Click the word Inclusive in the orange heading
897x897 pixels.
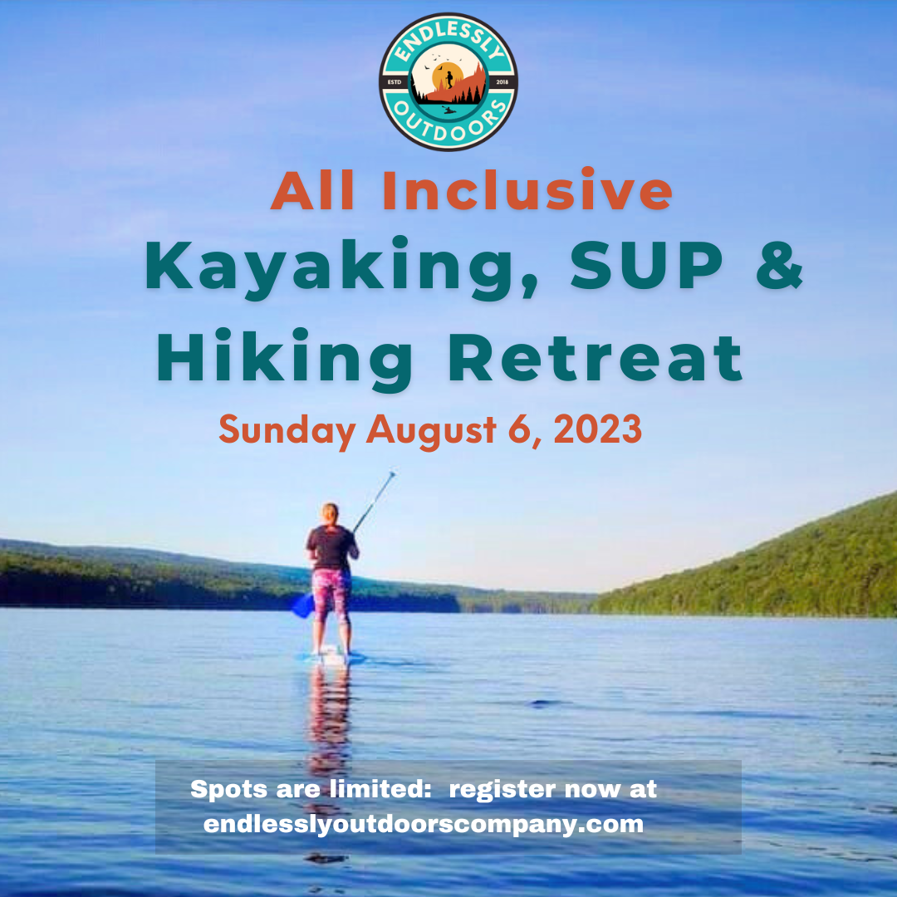[527, 190]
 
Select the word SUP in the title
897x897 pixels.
[646, 266]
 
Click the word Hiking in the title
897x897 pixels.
[284, 360]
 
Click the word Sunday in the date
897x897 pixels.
[287, 431]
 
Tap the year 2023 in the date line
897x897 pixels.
[598, 429]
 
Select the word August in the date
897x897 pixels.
[431, 431]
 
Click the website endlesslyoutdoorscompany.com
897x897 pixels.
[424, 825]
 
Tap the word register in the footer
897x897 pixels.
[502, 790]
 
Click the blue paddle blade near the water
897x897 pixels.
[302, 605]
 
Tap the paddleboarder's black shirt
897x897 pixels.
[331, 547]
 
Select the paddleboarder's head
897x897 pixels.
[330, 513]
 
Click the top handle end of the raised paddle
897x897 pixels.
[392, 473]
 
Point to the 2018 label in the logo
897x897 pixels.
[502, 81]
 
